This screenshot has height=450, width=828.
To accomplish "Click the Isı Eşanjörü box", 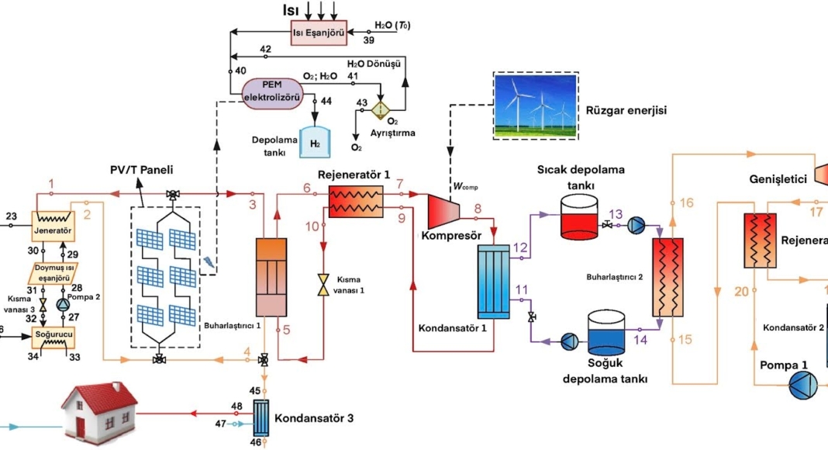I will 319,33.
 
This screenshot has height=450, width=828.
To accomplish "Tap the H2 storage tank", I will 315,142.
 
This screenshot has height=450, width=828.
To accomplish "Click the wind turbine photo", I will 536,106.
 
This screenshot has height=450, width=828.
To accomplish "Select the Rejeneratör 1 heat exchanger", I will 356,201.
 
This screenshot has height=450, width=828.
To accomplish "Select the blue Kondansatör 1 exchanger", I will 494,282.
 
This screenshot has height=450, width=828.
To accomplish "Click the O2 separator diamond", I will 381,108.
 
